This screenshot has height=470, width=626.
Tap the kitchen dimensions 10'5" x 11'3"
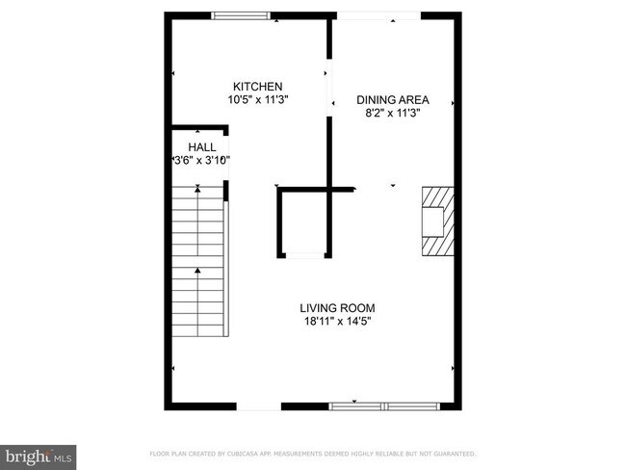coord(258,99)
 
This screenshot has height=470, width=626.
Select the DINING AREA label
coord(392,99)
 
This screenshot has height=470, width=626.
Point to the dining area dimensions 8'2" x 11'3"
coord(392,113)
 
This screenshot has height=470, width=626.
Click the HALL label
coord(201,147)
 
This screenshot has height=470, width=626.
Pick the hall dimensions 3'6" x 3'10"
coord(201,161)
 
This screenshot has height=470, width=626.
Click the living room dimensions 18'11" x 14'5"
coord(335,322)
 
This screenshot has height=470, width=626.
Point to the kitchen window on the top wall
coord(241,14)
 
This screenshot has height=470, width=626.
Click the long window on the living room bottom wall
coord(384,406)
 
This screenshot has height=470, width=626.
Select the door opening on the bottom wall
coord(259,406)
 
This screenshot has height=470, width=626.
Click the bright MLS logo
coord(39,454)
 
